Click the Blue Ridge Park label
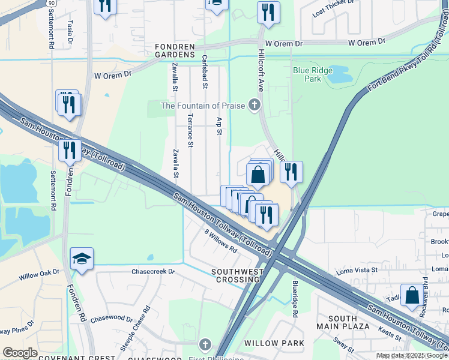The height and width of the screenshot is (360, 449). pos(312,74)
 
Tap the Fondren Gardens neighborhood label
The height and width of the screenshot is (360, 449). pos(175,50)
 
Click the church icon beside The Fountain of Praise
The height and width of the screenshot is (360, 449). pos(254,106)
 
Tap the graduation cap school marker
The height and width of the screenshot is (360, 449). pos(82,259)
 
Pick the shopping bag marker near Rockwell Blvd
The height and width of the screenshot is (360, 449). pos(412,296)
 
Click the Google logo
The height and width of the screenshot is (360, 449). pos(20,353)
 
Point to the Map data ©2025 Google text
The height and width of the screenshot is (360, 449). pos(412,355)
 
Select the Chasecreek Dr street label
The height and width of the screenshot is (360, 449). pos(153,271)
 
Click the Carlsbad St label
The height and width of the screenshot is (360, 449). pos(205,71)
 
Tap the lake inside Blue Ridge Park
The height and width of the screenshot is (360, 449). pos(338,75)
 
